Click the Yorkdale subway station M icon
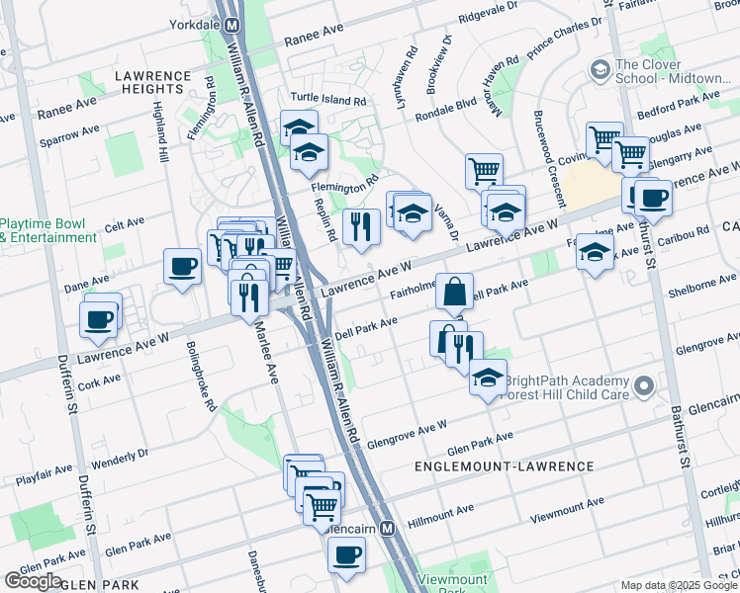click(x=231, y=25)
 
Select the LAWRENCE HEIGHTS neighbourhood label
click(x=151, y=76)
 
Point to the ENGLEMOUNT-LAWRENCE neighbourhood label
click(x=517, y=466)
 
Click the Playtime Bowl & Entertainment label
click(x=48, y=231)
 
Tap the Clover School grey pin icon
click(x=599, y=70)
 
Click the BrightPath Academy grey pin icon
click(x=645, y=386)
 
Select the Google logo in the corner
click(x=33, y=581)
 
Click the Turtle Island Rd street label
click(x=328, y=100)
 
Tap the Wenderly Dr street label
click(x=120, y=459)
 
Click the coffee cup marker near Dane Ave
click(x=183, y=266)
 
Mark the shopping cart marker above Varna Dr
click(x=484, y=170)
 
